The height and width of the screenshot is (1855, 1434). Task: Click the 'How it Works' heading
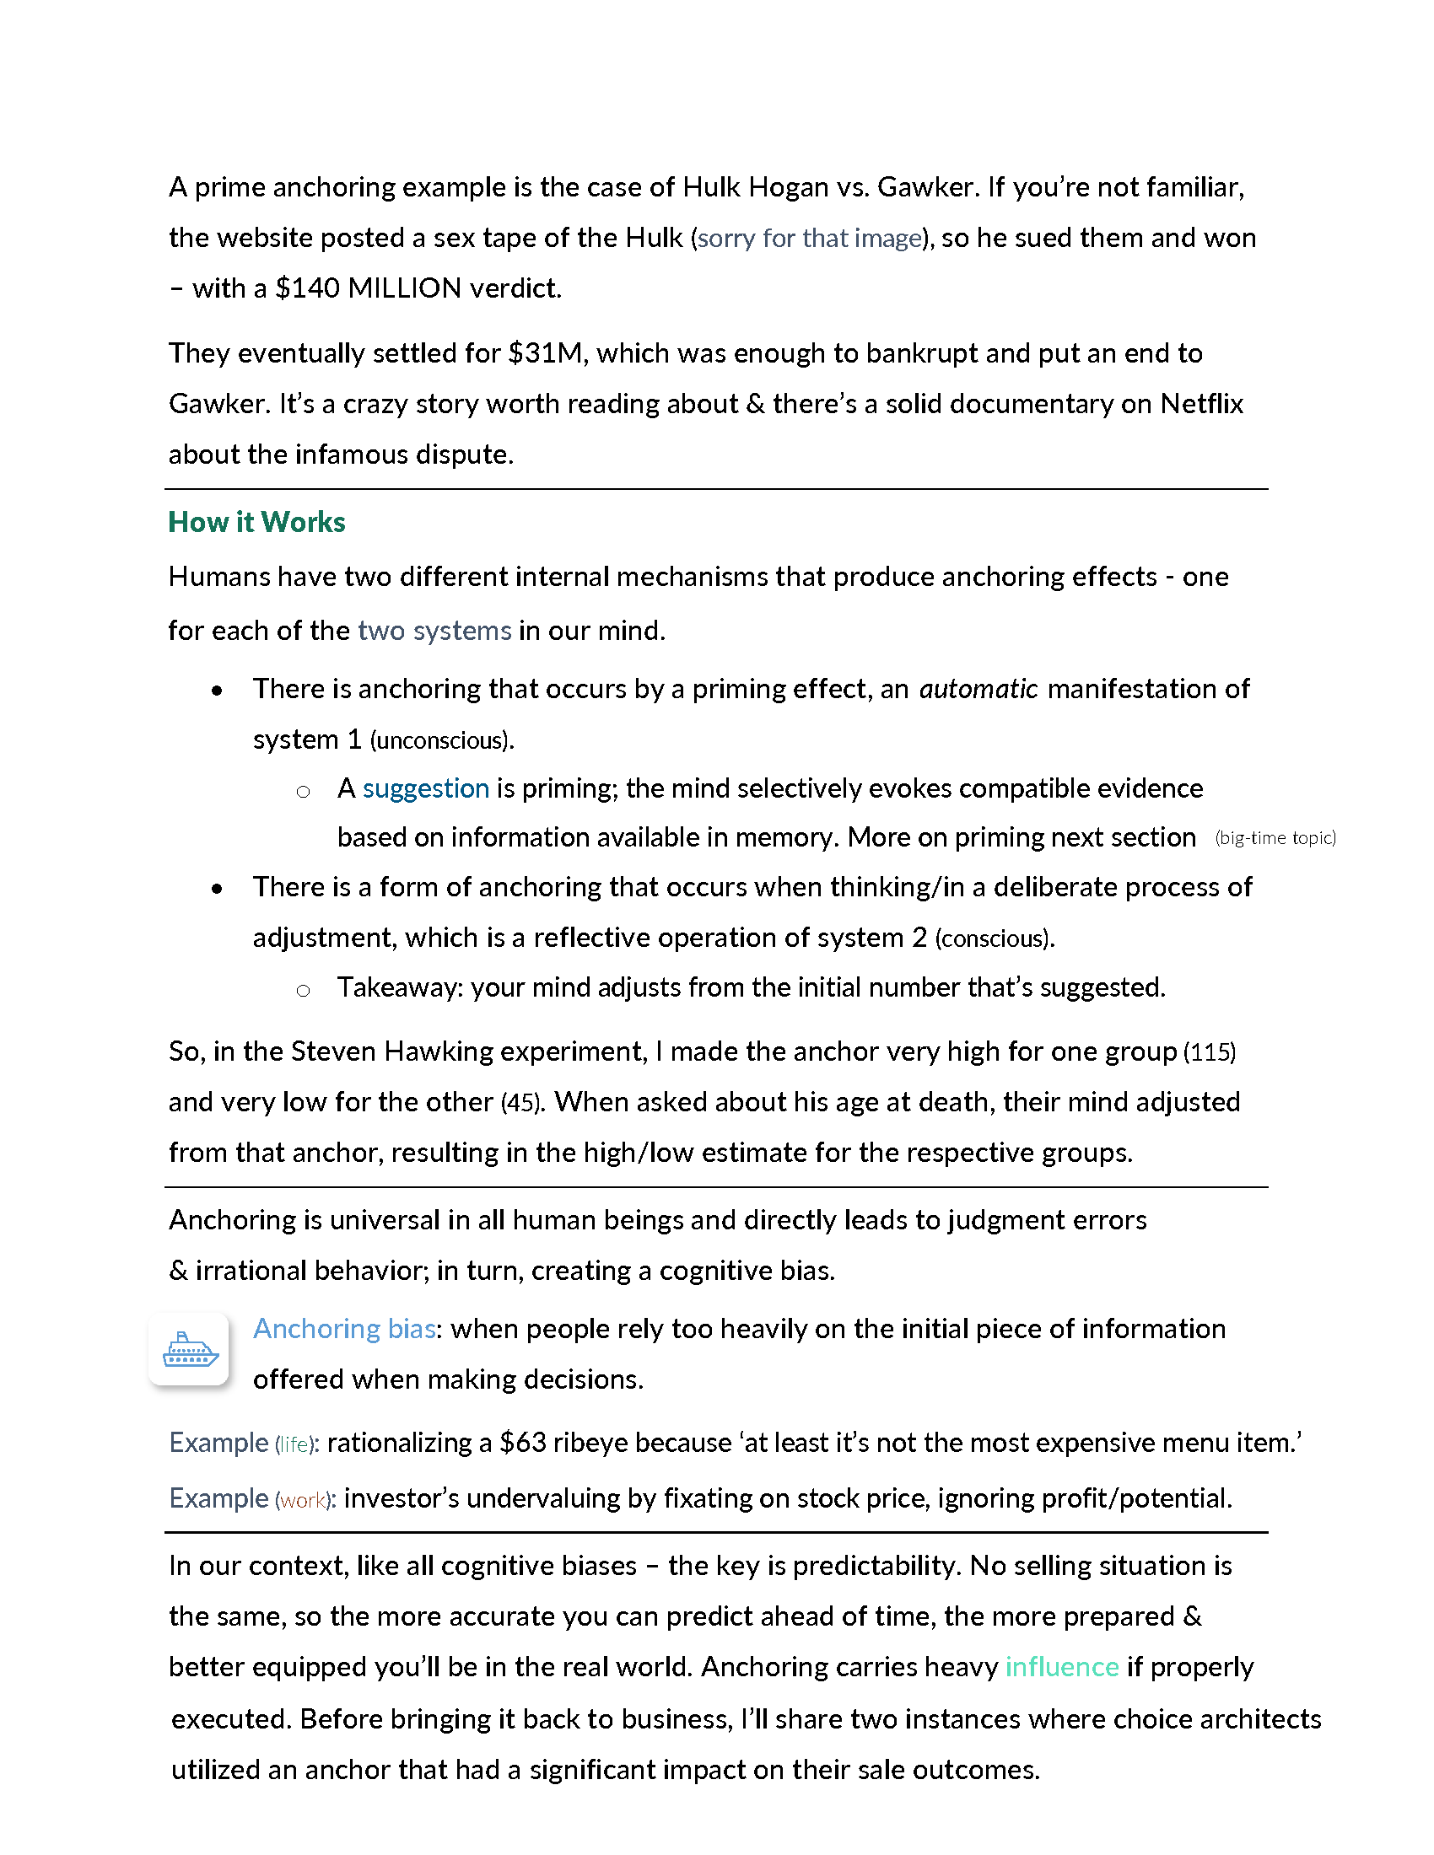256,521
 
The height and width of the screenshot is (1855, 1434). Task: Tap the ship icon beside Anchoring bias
190,1349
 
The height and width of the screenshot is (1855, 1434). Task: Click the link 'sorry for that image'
809,238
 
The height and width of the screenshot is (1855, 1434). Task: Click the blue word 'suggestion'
426,788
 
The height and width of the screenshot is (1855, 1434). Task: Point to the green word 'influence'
1061,1666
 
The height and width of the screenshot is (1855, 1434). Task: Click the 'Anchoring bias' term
344,1328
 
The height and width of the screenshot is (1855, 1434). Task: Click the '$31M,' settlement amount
548,353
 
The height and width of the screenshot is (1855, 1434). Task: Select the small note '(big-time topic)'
1275,838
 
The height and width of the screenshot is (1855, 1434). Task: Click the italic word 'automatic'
978,689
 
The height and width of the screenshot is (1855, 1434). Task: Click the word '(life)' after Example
294,1444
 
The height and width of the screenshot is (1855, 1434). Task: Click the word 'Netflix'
1201,403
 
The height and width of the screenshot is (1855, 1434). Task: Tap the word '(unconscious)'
442,740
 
